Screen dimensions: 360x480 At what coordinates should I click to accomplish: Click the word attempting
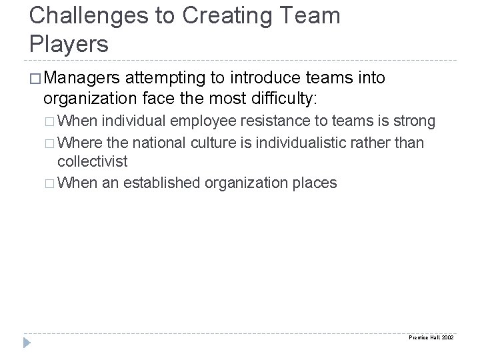click(x=171, y=79)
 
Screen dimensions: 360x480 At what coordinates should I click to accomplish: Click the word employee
click(x=219, y=122)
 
